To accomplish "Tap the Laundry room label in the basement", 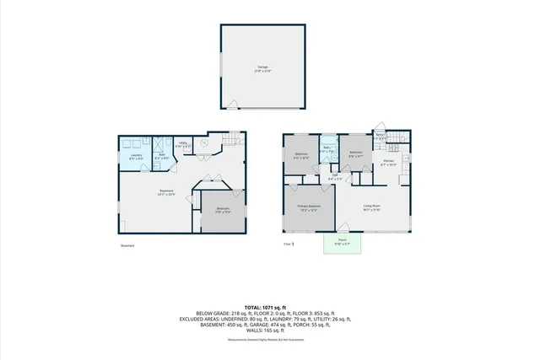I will pyautogui.click(x=136, y=156).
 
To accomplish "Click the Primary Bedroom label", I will pyautogui.click(x=308, y=207).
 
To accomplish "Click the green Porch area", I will pyautogui.click(x=343, y=244).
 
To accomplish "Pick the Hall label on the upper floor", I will pyautogui.click(x=334, y=176).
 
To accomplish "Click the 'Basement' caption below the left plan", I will pyautogui.click(x=127, y=246).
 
